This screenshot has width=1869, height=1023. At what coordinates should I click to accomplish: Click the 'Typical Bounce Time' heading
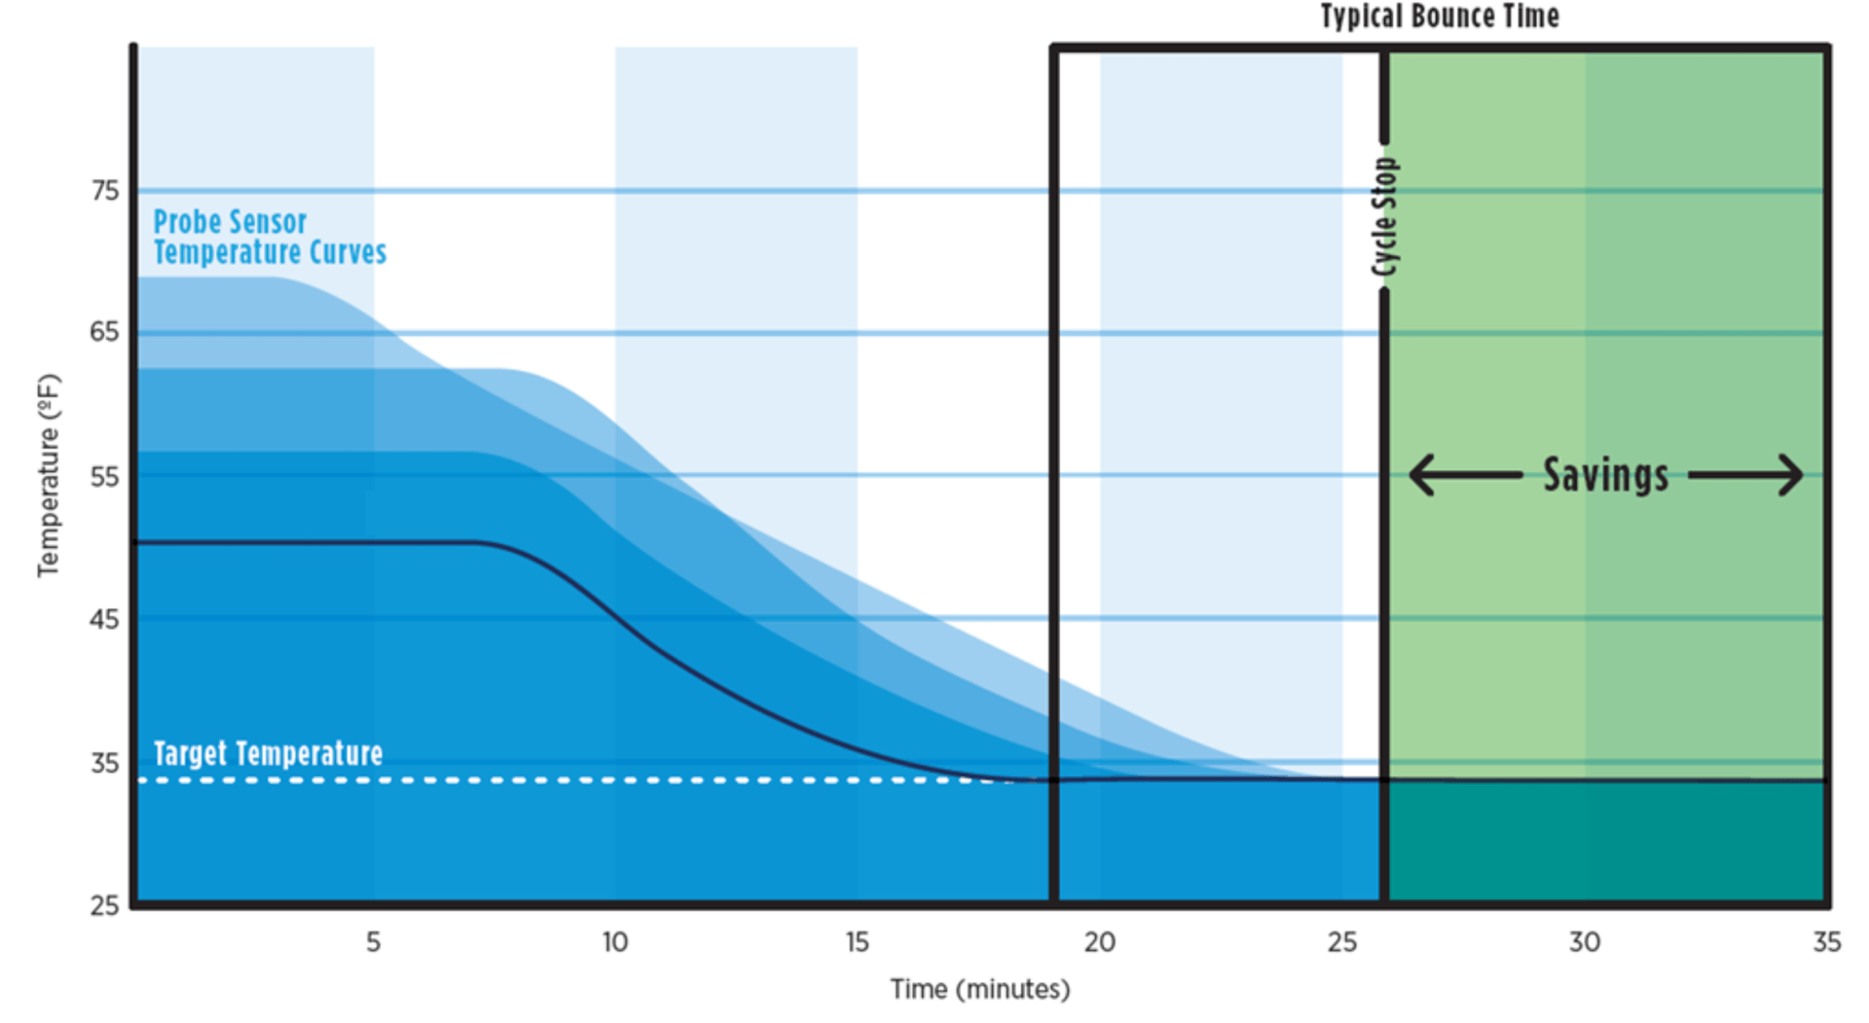click(1439, 17)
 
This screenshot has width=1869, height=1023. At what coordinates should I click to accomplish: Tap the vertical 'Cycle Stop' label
click(1384, 217)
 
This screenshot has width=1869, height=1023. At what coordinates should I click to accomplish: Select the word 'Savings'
click(1605, 475)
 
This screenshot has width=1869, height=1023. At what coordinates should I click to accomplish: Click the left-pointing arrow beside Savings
click(1465, 475)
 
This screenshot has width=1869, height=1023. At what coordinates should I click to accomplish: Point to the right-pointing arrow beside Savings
click(1746, 475)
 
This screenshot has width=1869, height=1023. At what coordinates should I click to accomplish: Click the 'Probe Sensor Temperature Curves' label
click(270, 237)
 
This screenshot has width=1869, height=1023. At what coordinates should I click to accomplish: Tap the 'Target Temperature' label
click(268, 753)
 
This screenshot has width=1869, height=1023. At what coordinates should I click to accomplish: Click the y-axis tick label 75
click(105, 191)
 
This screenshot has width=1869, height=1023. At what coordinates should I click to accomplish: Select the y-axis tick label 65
click(105, 332)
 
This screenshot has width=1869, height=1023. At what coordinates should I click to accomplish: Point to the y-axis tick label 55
click(105, 477)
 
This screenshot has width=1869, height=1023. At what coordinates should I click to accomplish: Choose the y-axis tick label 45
click(105, 619)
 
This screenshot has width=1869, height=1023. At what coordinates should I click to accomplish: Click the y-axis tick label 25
click(105, 906)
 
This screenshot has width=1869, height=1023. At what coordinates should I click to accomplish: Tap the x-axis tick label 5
click(373, 942)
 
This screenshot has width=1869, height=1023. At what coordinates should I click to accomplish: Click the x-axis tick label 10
click(614, 942)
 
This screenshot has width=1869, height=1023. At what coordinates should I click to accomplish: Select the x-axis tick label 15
click(857, 942)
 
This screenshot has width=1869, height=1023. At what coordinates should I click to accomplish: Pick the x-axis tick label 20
click(1099, 942)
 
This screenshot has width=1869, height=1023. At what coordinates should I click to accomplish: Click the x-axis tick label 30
click(1584, 942)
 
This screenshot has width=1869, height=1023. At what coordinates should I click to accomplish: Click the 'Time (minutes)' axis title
click(980, 990)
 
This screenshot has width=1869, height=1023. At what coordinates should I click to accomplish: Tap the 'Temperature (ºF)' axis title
click(49, 475)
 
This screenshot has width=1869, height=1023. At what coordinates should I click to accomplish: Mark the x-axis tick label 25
click(1341, 942)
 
